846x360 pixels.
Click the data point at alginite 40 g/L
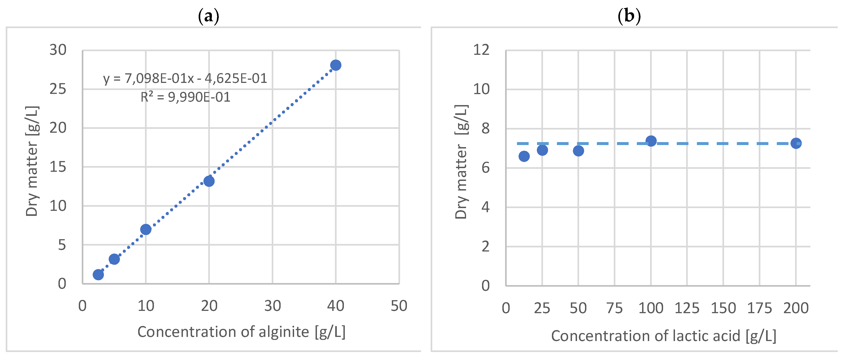pos(335,65)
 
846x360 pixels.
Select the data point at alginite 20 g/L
pos(209,181)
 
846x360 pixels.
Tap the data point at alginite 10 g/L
pos(145,229)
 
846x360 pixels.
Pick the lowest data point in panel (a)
pos(98,275)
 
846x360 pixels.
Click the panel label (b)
pos(629,16)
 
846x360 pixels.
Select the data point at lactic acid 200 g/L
pos(796,143)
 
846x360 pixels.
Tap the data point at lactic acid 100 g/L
pos(651,141)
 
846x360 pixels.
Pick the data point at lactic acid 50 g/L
pos(578,151)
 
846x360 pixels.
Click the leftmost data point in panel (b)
pos(524,156)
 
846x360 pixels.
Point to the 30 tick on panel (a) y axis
pos(58,50)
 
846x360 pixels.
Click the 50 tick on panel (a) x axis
pos(399,306)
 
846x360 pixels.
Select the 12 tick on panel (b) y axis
pos(481,50)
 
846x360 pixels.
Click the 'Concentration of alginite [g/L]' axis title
pos(241,332)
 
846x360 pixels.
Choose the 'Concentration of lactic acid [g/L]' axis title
pos(663,336)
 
